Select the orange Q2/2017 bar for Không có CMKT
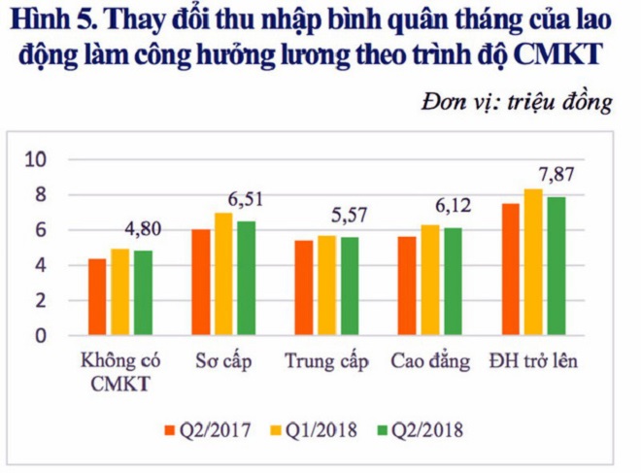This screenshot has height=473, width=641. pos(97,297)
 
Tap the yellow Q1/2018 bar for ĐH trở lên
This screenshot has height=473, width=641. pos(533,262)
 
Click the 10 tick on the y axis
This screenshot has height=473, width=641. pos(43,160)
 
